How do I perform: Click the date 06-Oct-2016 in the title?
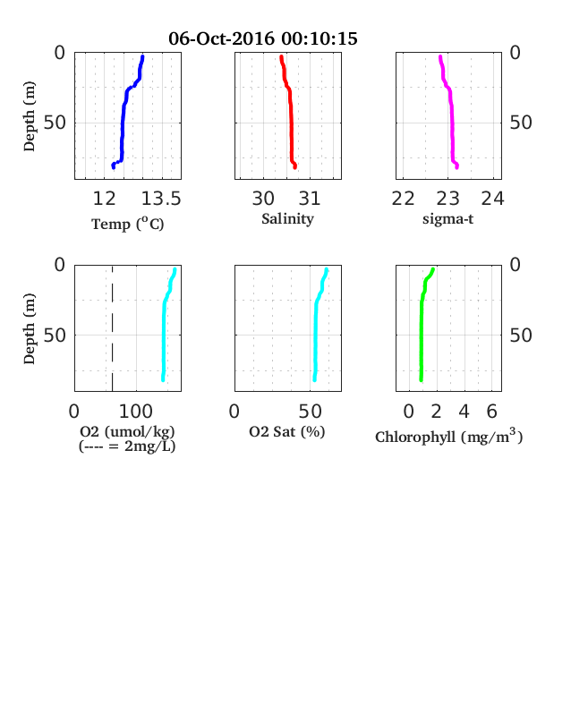221,38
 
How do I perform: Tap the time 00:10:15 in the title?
320,38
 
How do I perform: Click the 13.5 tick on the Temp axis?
161,199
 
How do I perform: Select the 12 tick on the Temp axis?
105,199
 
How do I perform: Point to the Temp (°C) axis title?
128,224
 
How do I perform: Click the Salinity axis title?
288,219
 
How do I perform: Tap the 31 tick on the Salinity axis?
310,199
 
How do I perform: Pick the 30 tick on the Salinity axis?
263,199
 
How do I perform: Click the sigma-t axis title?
447,219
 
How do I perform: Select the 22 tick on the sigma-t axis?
403,199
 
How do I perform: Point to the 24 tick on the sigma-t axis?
493,199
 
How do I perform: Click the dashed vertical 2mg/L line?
113,328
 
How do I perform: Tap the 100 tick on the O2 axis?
136,412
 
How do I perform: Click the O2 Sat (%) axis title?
287,431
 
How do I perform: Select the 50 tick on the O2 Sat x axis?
311,412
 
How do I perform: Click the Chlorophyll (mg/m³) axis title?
448,436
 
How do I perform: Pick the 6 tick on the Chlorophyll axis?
492,412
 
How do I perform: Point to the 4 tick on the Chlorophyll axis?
464,412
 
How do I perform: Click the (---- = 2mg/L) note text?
127,446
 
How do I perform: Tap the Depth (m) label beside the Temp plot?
29,116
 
